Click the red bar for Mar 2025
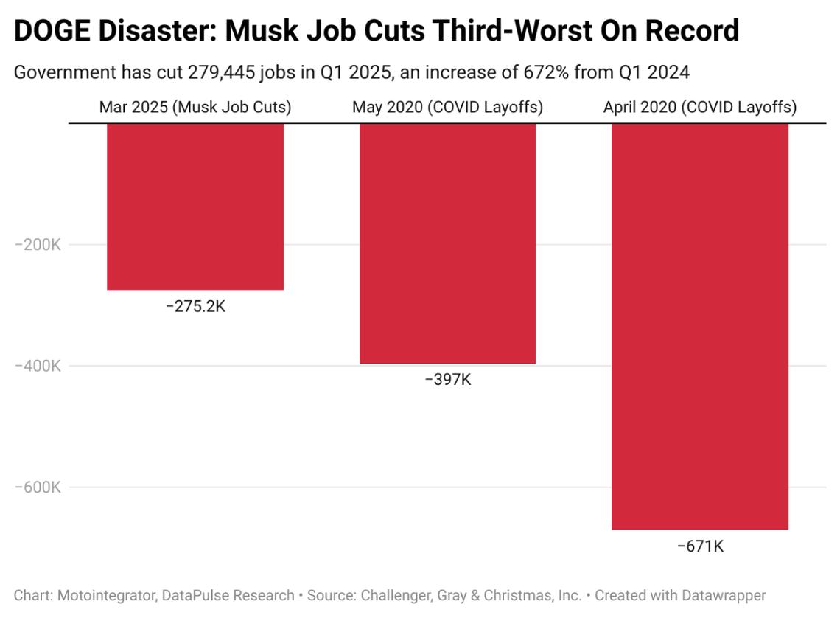[x=195, y=206]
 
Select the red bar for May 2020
[x=447, y=243]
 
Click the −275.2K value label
[x=195, y=306]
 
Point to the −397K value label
[x=447, y=380]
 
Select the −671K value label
[x=700, y=546]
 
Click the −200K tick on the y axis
[x=38, y=245]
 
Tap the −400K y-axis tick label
[x=38, y=366]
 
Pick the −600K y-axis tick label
[x=38, y=487]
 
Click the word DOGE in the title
[x=52, y=31]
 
